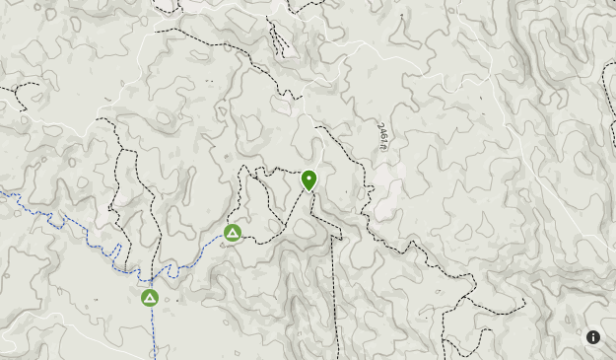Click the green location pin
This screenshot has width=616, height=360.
(x=309, y=180)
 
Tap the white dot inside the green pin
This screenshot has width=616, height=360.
(x=309, y=179)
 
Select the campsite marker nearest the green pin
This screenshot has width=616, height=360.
(x=233, y=234)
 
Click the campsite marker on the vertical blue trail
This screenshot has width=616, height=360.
(x=150, y=297)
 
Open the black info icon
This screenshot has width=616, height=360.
(x=593, y=337)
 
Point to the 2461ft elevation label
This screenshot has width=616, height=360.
(x=382, y=137)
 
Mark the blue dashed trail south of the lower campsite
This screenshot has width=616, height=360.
(x=155, y=330)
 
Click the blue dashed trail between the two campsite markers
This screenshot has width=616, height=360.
(x=187, y=262)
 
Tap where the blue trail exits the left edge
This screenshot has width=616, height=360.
(x=3, y=193)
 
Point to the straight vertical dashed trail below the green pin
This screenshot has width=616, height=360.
(x=335, y=296)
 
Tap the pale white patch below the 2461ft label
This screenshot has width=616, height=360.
(x=386, y=192)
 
